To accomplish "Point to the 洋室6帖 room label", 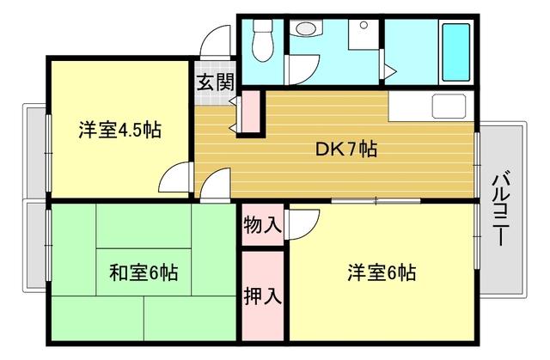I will [x=382, y=273].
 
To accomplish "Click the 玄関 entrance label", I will [x=215, y=82].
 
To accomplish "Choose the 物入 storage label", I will [x=262, y=225].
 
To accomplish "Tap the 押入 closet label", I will [x=262, y=296].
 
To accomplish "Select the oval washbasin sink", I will [x=303, y=29].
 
